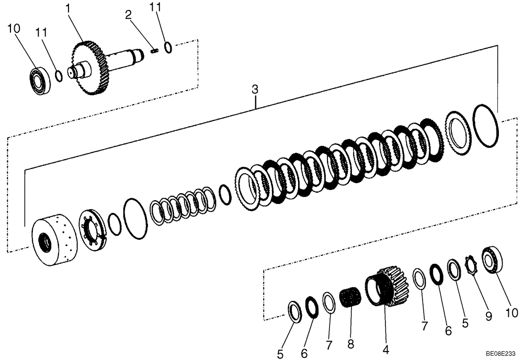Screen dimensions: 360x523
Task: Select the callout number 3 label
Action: [255, 89]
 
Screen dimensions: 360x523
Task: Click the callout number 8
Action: [350, 344]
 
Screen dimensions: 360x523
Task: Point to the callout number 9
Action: [488, 316]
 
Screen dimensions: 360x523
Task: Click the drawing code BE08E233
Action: [501, 354]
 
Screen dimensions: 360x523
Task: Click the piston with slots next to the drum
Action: [93, 230]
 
